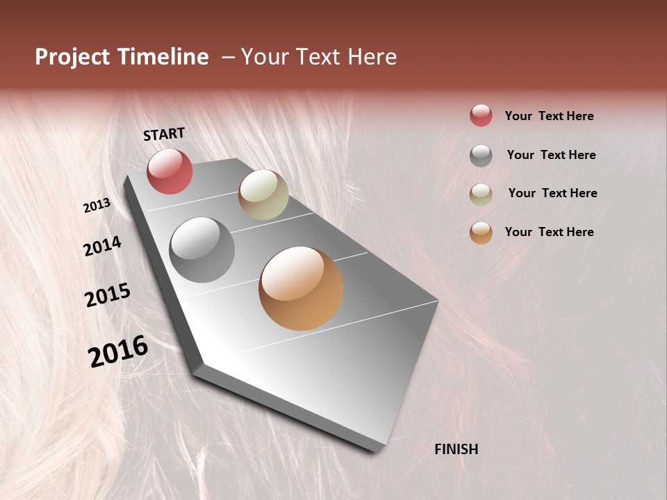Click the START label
[x=164, y=134]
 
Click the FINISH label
[x=456, y=449]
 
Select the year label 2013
[x=97, y=205]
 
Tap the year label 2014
[x=102, y=246]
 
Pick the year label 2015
[x=108, y=295]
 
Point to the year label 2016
[x=118, y=351]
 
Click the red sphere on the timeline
[x=170, y=171]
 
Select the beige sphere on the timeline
[x=263, y=194]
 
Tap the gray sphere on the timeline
[x=201, y=250]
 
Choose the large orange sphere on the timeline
[x=301, y=288]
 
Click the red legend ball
[x=481, y=116]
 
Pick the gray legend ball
[x=481, y=156]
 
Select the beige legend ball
[x=481, y=194]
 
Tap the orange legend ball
[x=481, y=233]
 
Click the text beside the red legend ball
[x=549, y=116]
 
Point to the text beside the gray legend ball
[x=551, y=155]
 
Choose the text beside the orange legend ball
[x=549, y=232]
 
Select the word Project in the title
[x=72, y=57]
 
